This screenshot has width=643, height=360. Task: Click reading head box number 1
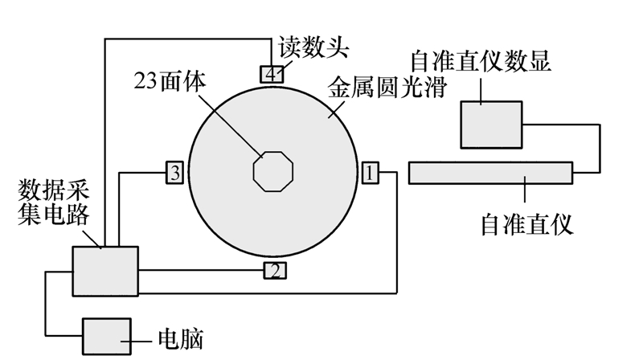(370, 171)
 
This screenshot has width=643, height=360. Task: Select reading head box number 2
(275, 271)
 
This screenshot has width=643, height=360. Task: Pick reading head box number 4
(272, 74)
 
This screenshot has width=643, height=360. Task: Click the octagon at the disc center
(273, 170)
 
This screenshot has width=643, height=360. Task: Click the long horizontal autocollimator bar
(490, 172)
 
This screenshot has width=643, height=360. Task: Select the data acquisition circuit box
(105, 272)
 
